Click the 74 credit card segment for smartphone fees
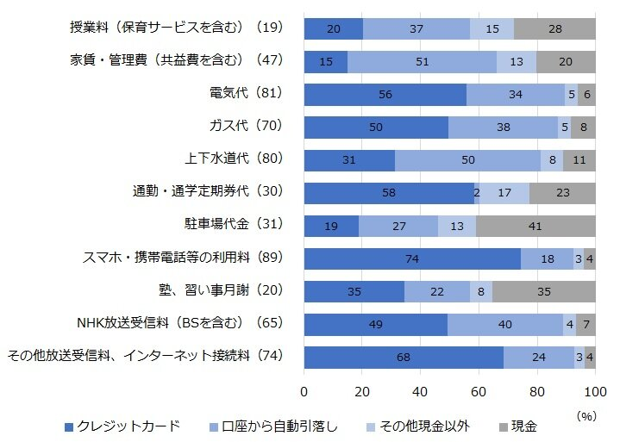tap(412, 258)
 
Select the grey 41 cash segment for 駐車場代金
tap(535, 226)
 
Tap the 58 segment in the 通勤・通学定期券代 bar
tap(389, 193)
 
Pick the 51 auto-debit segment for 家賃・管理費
tap(422, 61)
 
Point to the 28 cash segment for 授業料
tap(554, 28)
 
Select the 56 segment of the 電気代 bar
tap(385, 94)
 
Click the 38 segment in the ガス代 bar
tap(504, 127)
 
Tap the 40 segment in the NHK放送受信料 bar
tap(505, 325)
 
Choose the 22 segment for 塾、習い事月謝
tap(437, 291)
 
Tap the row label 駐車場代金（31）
tap(235, 226)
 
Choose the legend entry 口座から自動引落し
tap(282, 426)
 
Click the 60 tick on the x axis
tap(479, 393)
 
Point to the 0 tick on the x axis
tap(304, 393)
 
